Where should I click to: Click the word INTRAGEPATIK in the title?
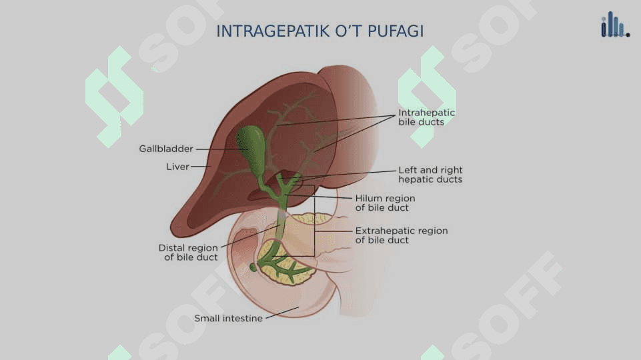(x=273, y=31)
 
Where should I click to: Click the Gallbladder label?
(x=166, y=149)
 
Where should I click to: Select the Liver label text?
(x=177, y=167)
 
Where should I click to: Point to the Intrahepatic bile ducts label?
(x=426, y=117)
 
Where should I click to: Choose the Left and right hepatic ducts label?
(x=430, y=175)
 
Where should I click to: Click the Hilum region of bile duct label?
(x=385, y=203)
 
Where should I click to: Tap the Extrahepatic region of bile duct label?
(x=401, y=235)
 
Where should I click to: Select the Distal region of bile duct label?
(x=188, y=252)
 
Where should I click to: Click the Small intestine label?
(x=228, y=318)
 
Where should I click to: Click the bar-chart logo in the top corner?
(x=615, y=25)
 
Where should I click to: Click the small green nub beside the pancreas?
(x=253, y=267)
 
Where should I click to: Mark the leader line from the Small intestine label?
(x=283, y=313)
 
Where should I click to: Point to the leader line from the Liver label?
(x=201, y=167)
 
